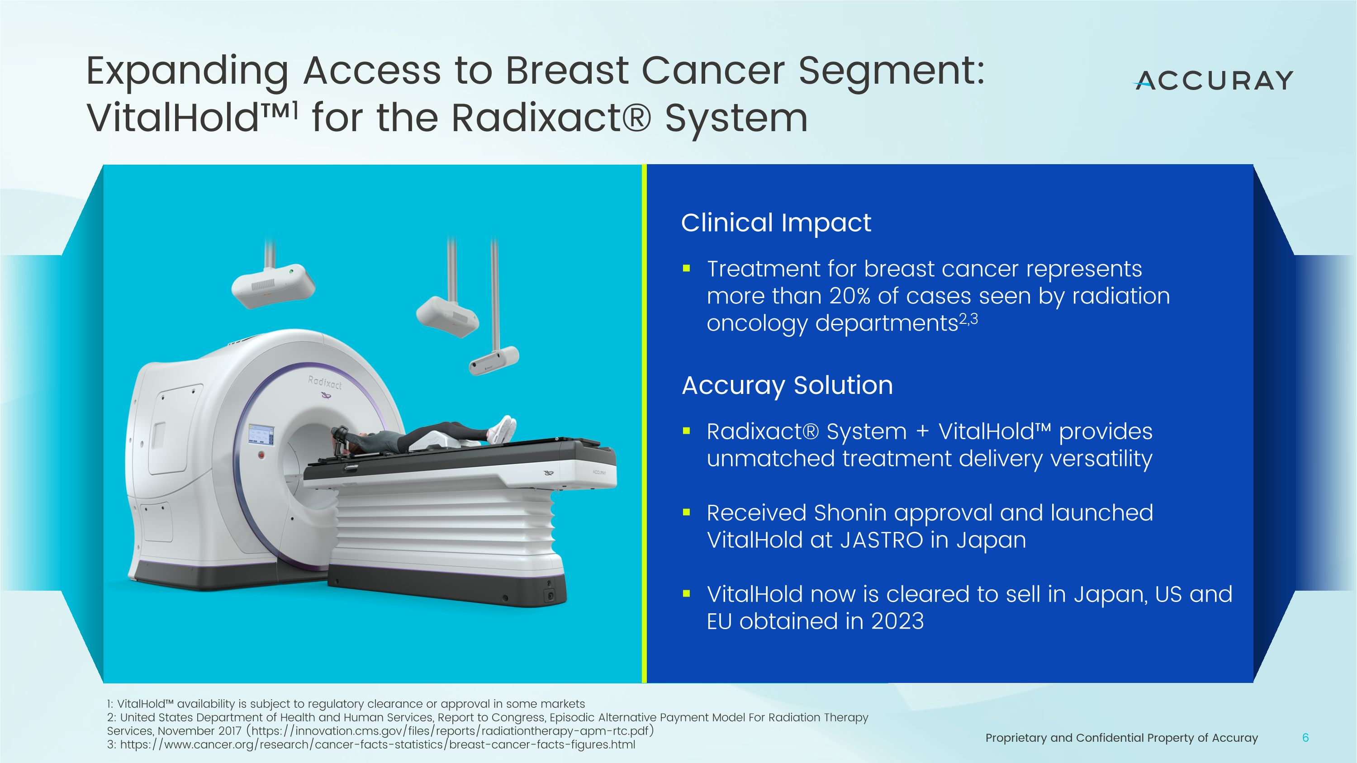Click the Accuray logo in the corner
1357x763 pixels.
[1214, 81]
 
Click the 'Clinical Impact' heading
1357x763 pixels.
[775, 223]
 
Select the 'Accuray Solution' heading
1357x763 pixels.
[787, 385]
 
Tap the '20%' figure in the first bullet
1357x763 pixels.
[849, 296]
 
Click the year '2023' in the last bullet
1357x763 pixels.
[897, 621]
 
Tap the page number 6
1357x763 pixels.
[1305, 738]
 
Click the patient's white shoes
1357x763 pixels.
[503, 429]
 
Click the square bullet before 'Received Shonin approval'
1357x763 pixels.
[686, 512]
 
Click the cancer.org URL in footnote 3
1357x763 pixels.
[377, 744]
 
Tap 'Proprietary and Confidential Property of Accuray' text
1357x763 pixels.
[1121, 738]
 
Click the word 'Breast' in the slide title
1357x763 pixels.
[567, 71]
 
